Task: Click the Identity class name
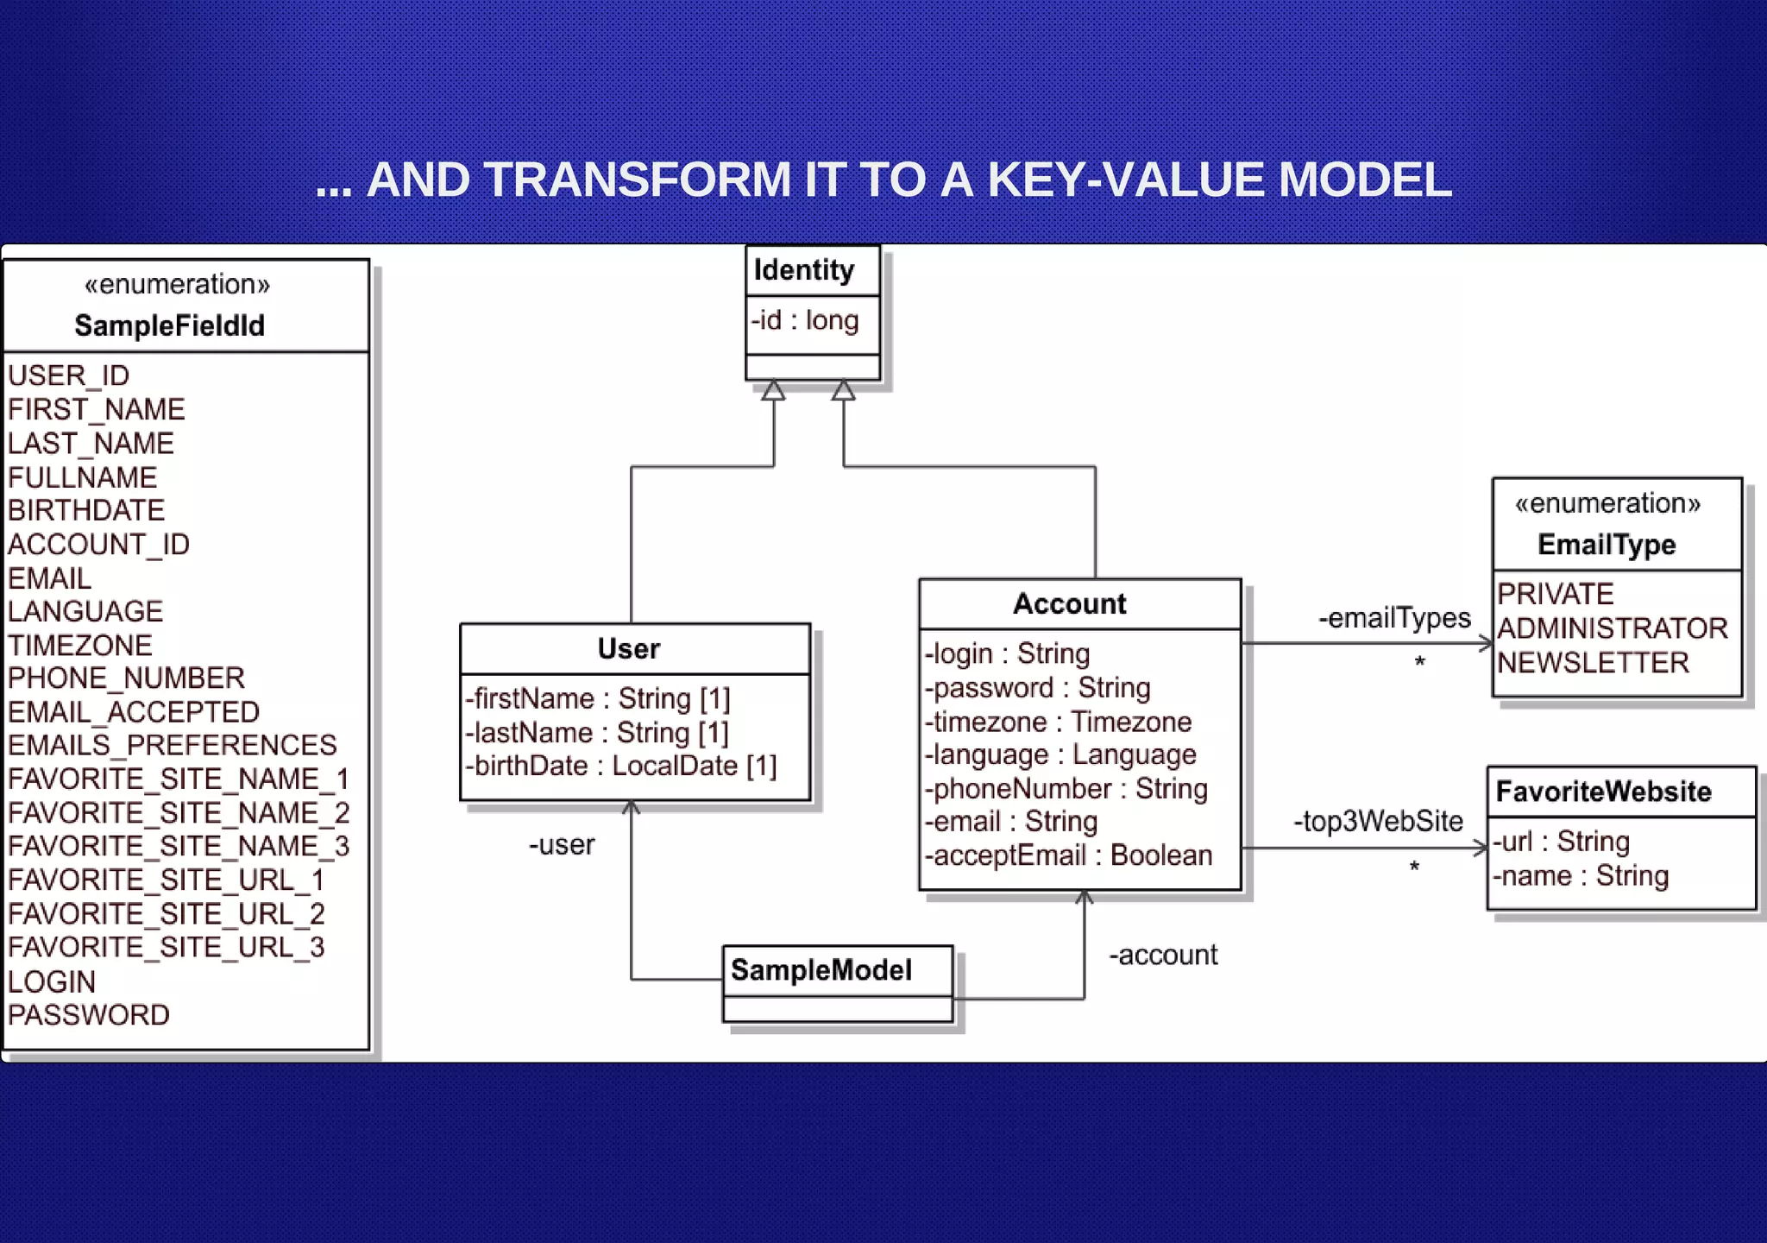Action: [x=803, y=270]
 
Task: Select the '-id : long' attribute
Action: [x=804, y=320]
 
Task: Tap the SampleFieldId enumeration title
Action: [x=169, y=325]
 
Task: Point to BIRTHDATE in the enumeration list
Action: [x=86, y=510]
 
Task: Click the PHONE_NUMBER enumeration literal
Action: [x=126, y=678]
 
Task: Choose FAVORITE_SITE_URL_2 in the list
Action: [x=166, y=913]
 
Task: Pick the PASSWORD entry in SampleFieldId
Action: [x=89, y=1014]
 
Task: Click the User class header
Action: [x=629, y=649]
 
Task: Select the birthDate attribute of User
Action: [x=620, y=766]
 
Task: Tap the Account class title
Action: [x=1069, y=603]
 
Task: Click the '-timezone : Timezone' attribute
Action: [x=1058, y=722]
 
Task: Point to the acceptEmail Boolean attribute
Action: [x=1068, y=855]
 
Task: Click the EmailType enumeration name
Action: [x=1607, y=545]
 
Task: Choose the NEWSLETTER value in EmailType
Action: [x=1593, y=662]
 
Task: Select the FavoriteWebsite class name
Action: [x=1603, y=792]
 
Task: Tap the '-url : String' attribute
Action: [x=1561, y=842]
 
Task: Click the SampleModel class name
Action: [x=821, y=970]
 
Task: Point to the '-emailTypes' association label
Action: [x=1394, y=618]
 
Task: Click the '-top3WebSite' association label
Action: [x=1378, y=821]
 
